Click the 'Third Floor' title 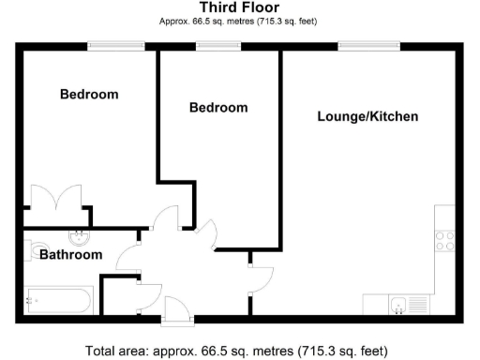pos(239,7)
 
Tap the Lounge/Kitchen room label pos(367,117)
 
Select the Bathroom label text pos(70,255)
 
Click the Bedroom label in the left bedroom pos(90,95)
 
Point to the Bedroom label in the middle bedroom pos(218,108)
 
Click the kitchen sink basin pos(398,305)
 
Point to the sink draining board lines pos(418,305)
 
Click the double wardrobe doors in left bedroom pos(58,200)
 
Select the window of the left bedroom pos(116,44)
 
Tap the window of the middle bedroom pos(217,44)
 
